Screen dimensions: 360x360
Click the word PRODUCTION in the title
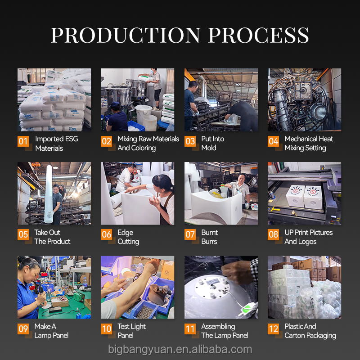pyautogui.click(x=126, y=35)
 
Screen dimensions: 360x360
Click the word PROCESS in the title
pyautogui.click(x=258, y=35)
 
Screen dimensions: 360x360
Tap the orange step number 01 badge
pyautogui.click(x=23, y=141)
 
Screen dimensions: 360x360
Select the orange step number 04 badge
pyautogui.click(x=273, y=141)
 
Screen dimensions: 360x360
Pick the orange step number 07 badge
pyautogui.click(x=190, y=234)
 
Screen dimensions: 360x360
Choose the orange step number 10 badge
pyautogui.click(x=107, y=329)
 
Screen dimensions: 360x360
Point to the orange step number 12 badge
pyautogui.click(x=274, y=329)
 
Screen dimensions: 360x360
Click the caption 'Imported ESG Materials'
pyautogui.click(x=57, y=144)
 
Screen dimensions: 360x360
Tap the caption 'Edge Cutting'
pyautogui.click(x=128, y=237)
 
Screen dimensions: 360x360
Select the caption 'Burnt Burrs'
pyautogui.click(x=209, y=237)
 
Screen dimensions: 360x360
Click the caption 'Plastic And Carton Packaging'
pyautogui.click(x=310, y=331)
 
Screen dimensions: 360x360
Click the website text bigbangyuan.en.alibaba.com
pyautogui.click(x=180, y=350)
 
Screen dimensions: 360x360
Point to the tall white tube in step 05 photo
pyautogui.click(x=49, y=194)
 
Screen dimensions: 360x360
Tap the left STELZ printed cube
pyautogui.click(x=295, y=196)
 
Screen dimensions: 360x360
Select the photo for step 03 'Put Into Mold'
pyautogui.click(x=221, y=99)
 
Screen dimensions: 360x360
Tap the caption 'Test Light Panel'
pyautogui.click(x=131, y=331)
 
